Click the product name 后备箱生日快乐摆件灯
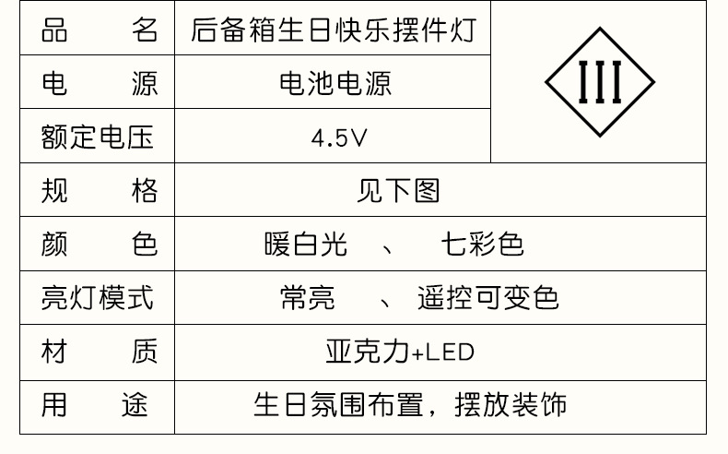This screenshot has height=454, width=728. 333,30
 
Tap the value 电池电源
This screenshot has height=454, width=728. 335,84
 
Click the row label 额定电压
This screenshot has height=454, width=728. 98,138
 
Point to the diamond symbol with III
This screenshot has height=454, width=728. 600,83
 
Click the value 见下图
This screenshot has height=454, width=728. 398,191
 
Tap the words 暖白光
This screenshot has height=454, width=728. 305,245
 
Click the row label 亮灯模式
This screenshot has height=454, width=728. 98,298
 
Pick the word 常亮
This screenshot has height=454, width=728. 308,298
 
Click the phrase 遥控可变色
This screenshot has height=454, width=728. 487,298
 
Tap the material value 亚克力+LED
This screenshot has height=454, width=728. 399,352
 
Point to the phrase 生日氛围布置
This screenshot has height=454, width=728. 337,405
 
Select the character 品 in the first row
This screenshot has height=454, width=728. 54,30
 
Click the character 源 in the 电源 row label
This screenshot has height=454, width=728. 144,84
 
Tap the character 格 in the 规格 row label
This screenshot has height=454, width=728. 144,191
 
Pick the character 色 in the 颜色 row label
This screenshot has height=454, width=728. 144,245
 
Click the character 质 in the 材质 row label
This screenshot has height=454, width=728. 144,352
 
